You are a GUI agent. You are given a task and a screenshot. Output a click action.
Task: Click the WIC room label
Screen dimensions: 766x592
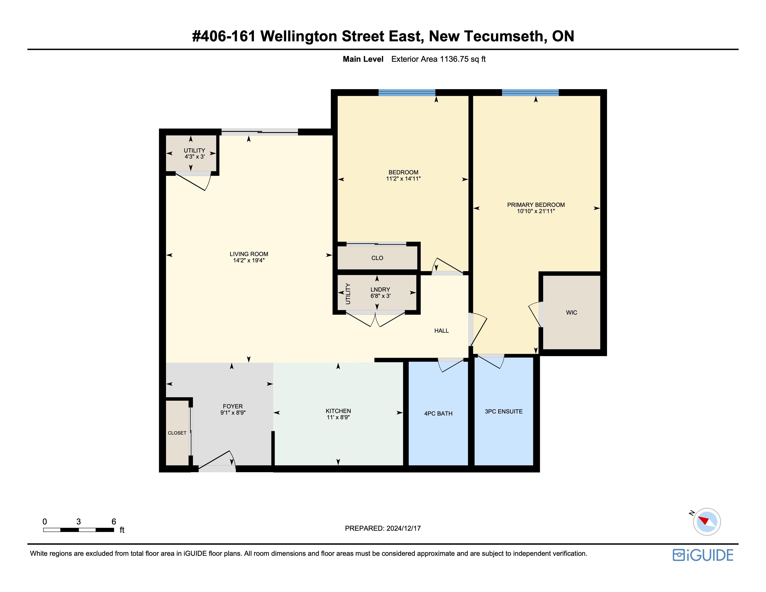tap(571, 312)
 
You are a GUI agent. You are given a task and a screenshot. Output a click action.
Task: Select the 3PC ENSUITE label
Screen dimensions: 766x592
tap(504, 411)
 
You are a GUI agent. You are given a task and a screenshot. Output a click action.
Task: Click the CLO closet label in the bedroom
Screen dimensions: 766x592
tap(377, 258)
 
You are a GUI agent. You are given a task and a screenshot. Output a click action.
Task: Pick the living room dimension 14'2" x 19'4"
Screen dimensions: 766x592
tap(249, 260)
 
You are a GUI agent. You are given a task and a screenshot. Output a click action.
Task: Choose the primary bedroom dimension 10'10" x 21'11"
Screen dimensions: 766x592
tap(536, 211)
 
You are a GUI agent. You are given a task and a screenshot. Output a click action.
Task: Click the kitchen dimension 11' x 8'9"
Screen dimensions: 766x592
tap(338, 417)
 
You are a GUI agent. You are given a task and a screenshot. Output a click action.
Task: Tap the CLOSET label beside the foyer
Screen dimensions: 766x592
tap(177, 433)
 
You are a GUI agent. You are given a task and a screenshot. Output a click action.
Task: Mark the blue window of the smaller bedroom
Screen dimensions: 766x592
tap(407, 93)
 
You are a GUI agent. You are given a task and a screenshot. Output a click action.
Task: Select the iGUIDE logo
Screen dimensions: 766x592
tap(703, 555)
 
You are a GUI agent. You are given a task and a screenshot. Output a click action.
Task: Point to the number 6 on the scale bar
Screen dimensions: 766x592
tap(114, 521)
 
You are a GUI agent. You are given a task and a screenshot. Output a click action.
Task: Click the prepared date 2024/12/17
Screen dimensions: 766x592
tap(403, 528)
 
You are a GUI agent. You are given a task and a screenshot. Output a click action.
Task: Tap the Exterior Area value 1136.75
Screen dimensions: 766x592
tap(454, 59)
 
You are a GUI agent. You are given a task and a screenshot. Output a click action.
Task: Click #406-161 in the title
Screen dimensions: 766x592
tap(224, 36)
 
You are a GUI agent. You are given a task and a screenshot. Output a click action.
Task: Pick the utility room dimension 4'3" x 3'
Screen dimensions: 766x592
tap(195, 156)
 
